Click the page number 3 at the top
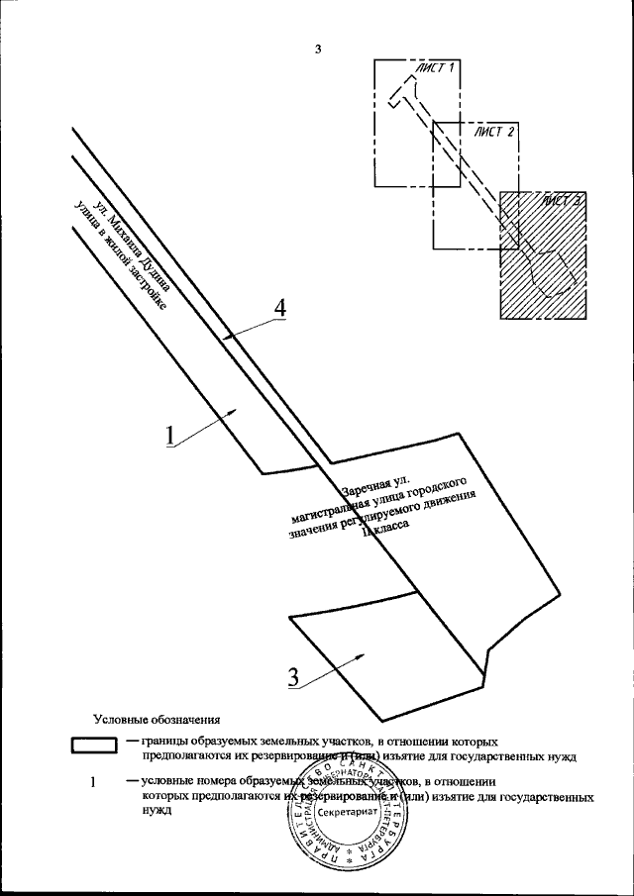(x=318, y=50)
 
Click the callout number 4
(x=279, y=308)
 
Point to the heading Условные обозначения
(x=156, y=719)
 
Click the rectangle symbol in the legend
(x=95, y=745)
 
